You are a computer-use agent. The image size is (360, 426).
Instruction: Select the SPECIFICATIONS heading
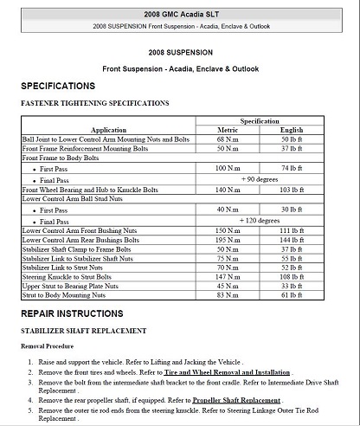coord(58,87)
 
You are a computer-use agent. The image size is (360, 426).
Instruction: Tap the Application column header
coord(108,130)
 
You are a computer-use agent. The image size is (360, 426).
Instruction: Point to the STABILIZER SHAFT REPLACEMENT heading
coord(83,331)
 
